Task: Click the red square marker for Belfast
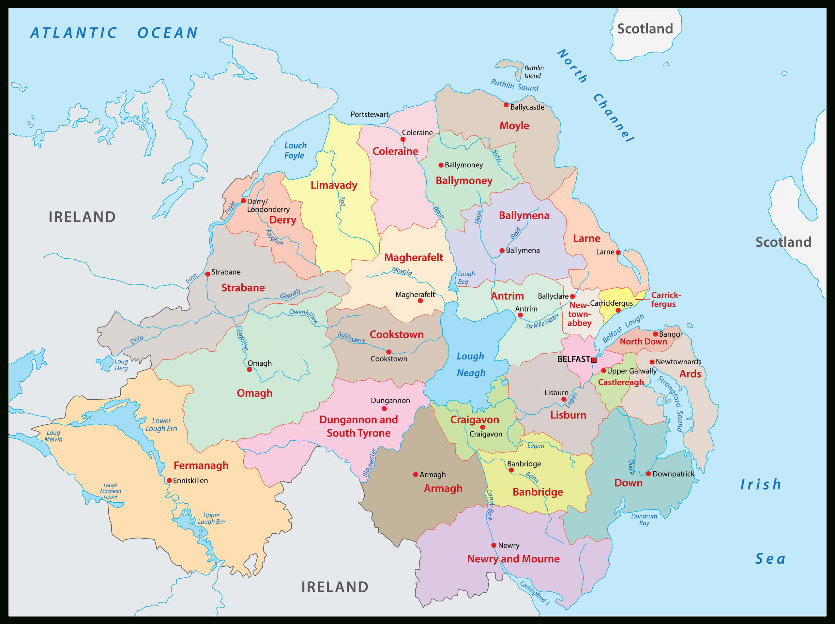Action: coord(594,360)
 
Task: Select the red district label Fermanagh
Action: coord(201,465)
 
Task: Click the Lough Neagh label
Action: coord(471,365)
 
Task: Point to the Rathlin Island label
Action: coord(534,72)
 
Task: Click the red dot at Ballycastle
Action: coord(506,105)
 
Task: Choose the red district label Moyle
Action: coord(514,126)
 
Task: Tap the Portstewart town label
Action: coord(369,114)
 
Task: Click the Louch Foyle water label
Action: coord(295,151)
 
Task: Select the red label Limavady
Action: coord(334,185)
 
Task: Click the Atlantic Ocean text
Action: coord(114,33)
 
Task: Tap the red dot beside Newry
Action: coord(494,545)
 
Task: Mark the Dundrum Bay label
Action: coord(644,519)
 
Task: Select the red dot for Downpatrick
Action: coord(648,474)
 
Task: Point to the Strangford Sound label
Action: coord(673,404)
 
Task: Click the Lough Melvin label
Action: coord(53,436)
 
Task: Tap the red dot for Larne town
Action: coord(618,252)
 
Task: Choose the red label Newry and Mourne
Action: coord(513,559)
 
